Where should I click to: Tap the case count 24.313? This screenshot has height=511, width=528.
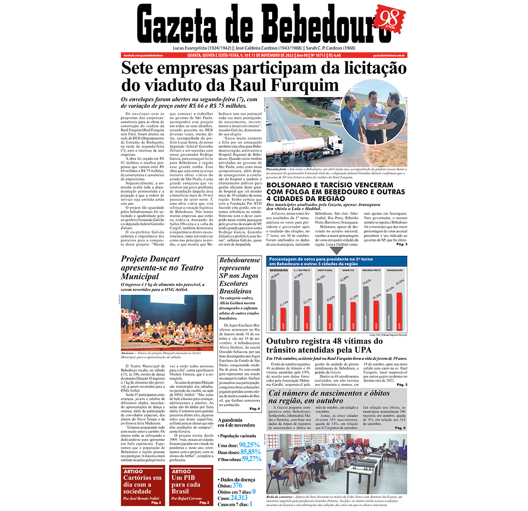pyautogui.click(x=240, y=498)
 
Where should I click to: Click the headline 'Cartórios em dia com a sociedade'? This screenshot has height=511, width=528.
pyautogui.click(x=143, y=485)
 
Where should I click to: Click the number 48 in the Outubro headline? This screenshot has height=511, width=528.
pyautogui.click(x=356, y=342)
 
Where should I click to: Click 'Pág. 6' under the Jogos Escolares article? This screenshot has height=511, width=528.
pyautogui.click(x=255, y=408)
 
